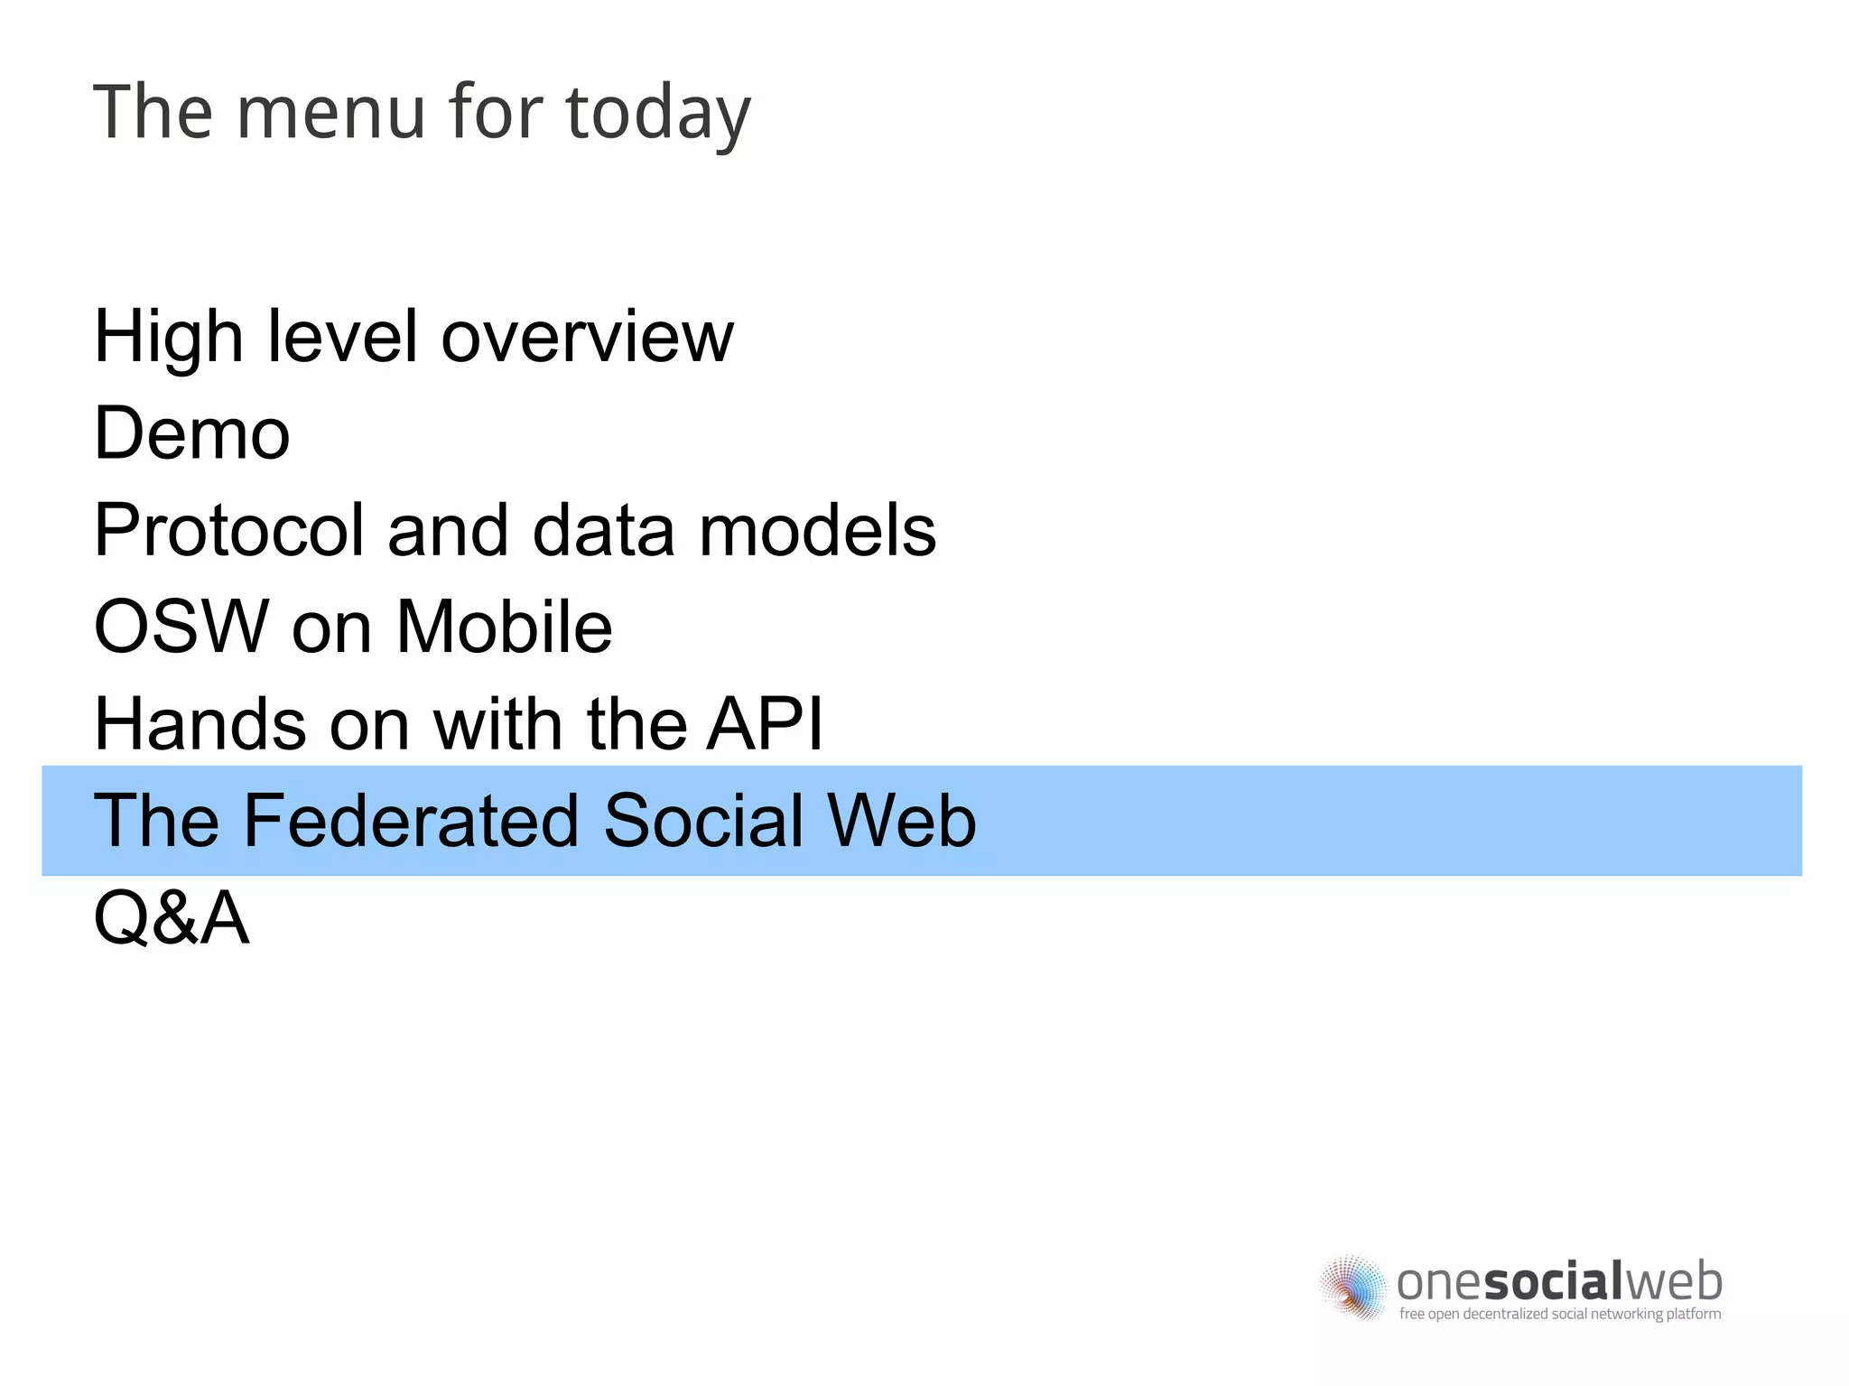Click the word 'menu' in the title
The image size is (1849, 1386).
point(330,112)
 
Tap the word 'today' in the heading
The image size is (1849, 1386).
point(658,114)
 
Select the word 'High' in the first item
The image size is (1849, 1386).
point(168,337)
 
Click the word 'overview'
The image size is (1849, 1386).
point(587,337)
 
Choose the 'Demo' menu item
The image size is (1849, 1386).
point(192,433)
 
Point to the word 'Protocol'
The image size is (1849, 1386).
point(228,530)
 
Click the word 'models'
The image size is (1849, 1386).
point(817,530)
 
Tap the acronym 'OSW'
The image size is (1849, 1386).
point(181,627)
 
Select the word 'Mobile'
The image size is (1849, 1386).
point(505,627)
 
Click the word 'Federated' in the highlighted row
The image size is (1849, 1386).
point(411,821)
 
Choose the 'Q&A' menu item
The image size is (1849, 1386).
point(172,918)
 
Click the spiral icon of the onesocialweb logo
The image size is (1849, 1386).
point(1352,1286)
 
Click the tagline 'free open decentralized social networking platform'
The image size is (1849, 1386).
point(1559,1314)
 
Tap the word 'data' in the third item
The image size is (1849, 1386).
point(604,530)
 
